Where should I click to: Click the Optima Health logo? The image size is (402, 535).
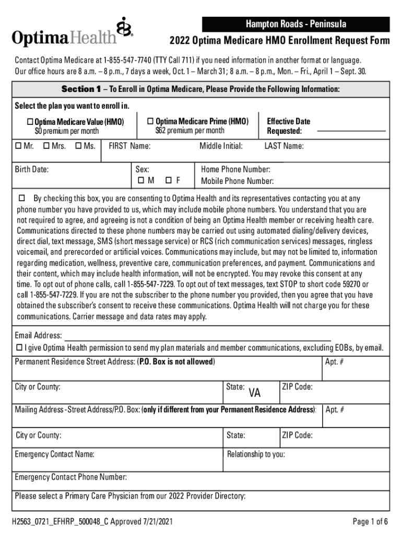click(x=73, y=33)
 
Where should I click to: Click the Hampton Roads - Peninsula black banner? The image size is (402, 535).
click(x=296, y=24)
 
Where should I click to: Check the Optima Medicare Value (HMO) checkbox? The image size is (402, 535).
click(x=30, y=122)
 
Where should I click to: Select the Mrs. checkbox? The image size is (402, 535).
click(x=46, y=146)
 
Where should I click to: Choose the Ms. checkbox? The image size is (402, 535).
click(x=78, y=146)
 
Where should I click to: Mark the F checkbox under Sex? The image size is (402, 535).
click(x=168, y=181)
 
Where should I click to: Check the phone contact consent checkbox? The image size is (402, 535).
click(x=22, y=199)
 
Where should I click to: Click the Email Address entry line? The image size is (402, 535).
click(x=197, y=338)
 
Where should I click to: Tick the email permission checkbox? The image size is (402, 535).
click(x=19, y=347)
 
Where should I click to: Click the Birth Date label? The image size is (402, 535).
click(x=32, y=169)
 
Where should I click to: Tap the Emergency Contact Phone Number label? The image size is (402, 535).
click(x=71, y=476)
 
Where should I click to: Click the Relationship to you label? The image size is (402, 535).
click(x=256, y=454)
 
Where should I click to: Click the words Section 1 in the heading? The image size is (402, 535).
click(x=81, y=89)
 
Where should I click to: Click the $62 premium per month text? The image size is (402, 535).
click(x=190, y=130)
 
